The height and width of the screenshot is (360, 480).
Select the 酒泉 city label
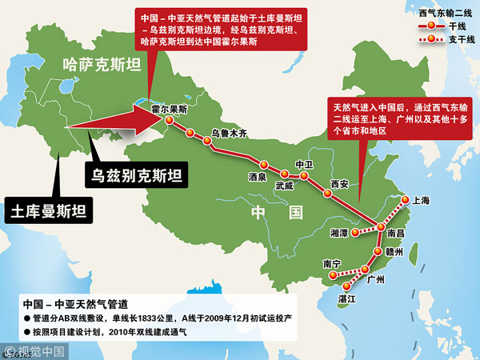[x=257, y=177]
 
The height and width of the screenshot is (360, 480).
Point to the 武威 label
[x=284, y=186]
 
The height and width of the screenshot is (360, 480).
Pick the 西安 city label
[x=339, y=184]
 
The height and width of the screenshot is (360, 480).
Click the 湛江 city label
[x=345, y=298]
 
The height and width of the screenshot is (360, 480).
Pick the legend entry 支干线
[x=454, y=39]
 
